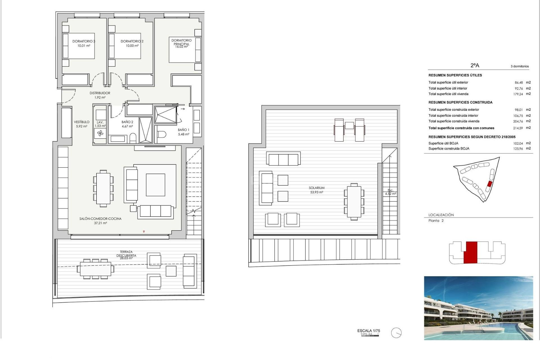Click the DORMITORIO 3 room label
(84, 41)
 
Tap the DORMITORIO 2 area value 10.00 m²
(132, 46)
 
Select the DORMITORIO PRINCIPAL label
(181, 42)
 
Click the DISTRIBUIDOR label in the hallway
(100, 93)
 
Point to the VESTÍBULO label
(82, 122)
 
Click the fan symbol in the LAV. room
(100, 133)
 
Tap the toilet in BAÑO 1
(162, 134)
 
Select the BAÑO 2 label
(127, 122)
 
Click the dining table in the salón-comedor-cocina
(103, 188)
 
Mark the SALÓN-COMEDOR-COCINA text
(100, 219)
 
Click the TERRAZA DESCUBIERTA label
(126, 254)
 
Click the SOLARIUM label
(317, 188)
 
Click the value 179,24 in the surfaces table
(518, 94)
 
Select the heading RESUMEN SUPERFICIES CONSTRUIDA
(460, 102)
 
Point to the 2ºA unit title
(475, 65)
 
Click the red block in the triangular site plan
(489, 184)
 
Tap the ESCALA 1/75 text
(368, 330)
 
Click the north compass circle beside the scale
(396, 333)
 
